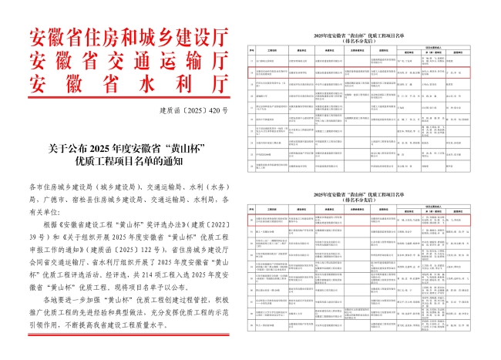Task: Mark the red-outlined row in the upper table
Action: [x=358, y=74]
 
